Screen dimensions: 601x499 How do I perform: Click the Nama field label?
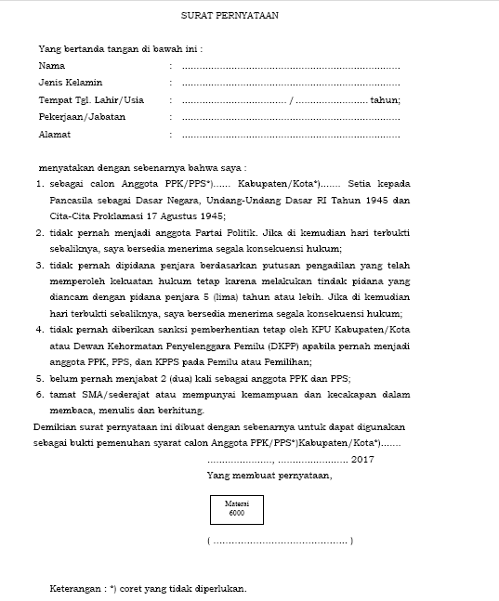pyautogui.click(x=51, y=67)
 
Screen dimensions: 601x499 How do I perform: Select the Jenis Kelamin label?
pyautogui.click(x=70, y=84)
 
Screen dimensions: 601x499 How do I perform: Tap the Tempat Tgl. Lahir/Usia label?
pyautogui.click(x=90, y=100)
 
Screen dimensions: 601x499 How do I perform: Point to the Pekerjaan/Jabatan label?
pyautogui.click(x=81, y=117)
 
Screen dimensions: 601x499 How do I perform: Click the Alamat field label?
pyautogui.click(x=55, y=134)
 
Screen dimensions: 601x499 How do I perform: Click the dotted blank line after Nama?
pyautogui.click(x=290, y=68)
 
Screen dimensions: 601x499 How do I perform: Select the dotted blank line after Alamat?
pyautogui.click(x=290, y=135)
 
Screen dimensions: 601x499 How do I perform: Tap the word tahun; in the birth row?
pyautogui.click(x=385, y=100)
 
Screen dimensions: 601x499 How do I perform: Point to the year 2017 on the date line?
pyautogui.click(x=362, y=459)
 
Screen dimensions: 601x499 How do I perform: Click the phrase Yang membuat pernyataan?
pyautogui.click(x=269, y=475)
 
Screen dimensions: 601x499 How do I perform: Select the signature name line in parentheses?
pyautogui.click(x=280, y=541)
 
